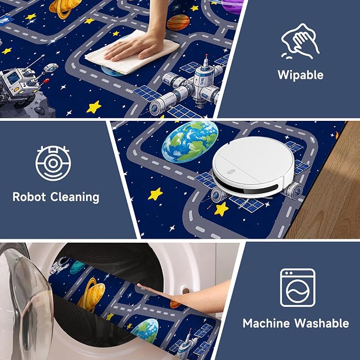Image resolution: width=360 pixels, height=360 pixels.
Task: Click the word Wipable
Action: [300, 75]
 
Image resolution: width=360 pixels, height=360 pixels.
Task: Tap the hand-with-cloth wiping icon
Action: [300, 41]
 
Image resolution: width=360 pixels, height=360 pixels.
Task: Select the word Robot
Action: [29, 197]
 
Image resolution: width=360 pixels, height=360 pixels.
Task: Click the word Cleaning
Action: [75, 197]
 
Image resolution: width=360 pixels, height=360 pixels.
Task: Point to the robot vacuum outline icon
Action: [53, 163]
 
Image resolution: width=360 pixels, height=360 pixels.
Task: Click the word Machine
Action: [266, 323]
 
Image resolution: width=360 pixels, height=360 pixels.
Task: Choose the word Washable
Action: [322, 323]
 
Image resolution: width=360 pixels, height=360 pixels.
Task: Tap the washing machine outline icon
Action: [297, 287]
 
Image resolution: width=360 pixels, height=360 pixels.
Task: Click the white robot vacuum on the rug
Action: [253, 166]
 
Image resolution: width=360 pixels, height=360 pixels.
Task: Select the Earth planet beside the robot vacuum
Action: [190, 141]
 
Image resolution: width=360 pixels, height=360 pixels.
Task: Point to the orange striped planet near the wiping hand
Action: [178, 22]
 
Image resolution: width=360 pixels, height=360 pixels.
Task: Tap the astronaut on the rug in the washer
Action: [59, 265]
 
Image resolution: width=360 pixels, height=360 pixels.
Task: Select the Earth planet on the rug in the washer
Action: [145, 330]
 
